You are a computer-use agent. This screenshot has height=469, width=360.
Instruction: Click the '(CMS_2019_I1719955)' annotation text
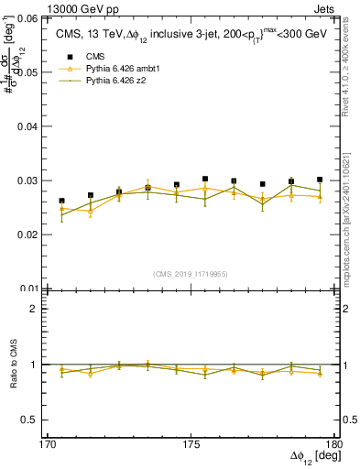[x=190, y=273]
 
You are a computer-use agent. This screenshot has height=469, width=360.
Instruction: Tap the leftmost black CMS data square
[x=61, y=201]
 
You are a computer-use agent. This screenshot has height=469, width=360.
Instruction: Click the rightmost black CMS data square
[x=320, y=180]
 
